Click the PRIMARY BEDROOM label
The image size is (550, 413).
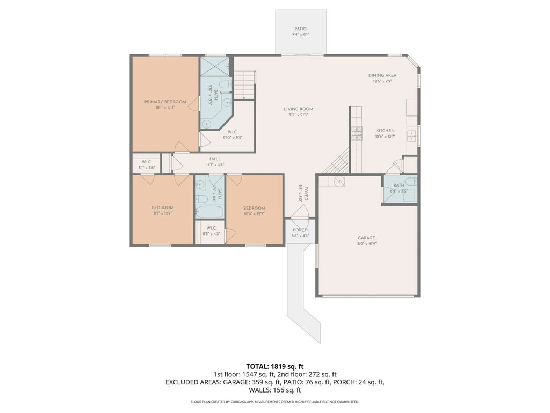[x=165, y=102]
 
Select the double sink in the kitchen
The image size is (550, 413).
[x=412, y=135]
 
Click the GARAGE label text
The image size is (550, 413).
[x=366, y=238]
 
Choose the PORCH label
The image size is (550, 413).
[x=300, y=230]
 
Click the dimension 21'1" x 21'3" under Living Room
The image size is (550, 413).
[x=299, y=115]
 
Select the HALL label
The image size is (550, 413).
[x=215, y=159]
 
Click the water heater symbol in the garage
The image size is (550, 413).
[x=339, y=182]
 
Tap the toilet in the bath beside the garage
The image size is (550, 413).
[x=409, y=183]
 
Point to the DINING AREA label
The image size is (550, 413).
[x=383, y=75]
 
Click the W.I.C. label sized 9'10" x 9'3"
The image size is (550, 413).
[x=233, y=132]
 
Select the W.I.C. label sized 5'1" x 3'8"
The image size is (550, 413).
[x=146, y=162]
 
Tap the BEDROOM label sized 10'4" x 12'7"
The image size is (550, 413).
[x=254, y=209]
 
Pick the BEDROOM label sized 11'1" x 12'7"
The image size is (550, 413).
[x=162, y=208]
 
